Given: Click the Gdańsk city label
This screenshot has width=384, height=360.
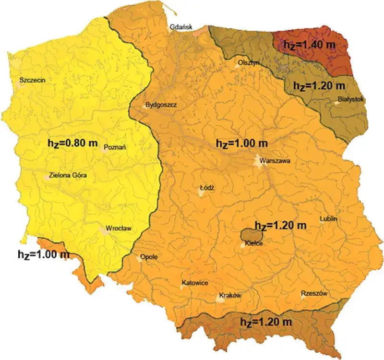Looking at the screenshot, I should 181,27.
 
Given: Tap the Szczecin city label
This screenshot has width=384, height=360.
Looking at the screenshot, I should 32,80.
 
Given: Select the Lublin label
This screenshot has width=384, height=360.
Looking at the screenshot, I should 329,219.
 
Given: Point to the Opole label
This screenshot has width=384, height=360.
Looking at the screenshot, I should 149,257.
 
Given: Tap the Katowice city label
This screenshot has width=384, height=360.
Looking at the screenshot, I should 194,283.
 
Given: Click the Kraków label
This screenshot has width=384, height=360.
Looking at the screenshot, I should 229,296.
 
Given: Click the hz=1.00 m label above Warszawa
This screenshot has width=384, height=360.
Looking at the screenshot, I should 241,143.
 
